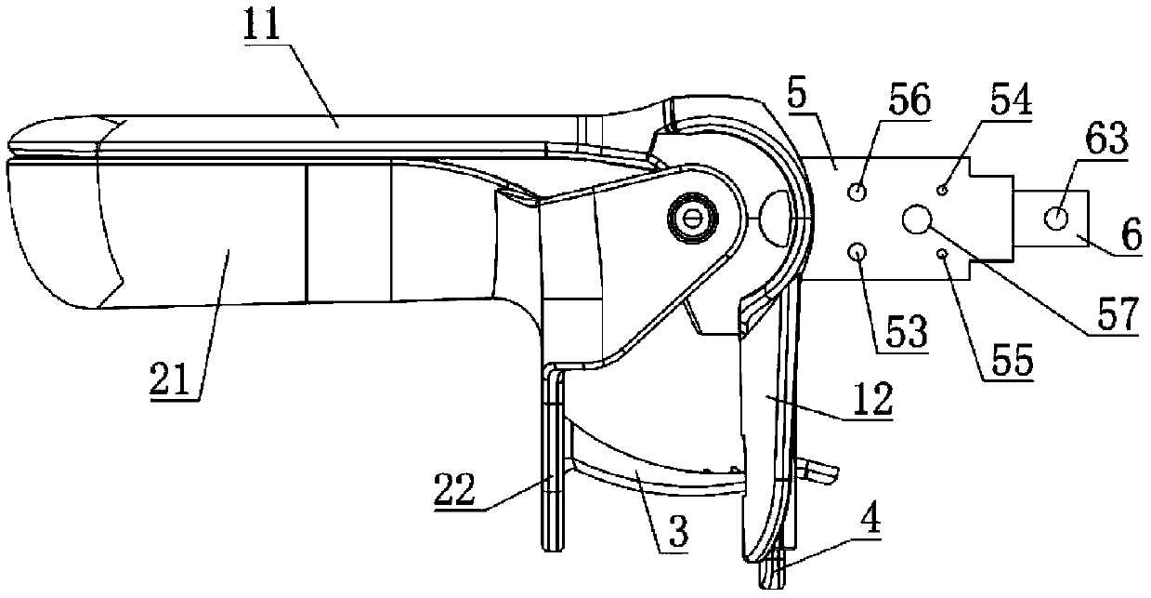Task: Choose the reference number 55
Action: [1009, 360]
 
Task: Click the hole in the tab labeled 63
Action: [1056, 219]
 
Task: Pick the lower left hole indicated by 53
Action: [857, 251]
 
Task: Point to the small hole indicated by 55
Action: [943, 252]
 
